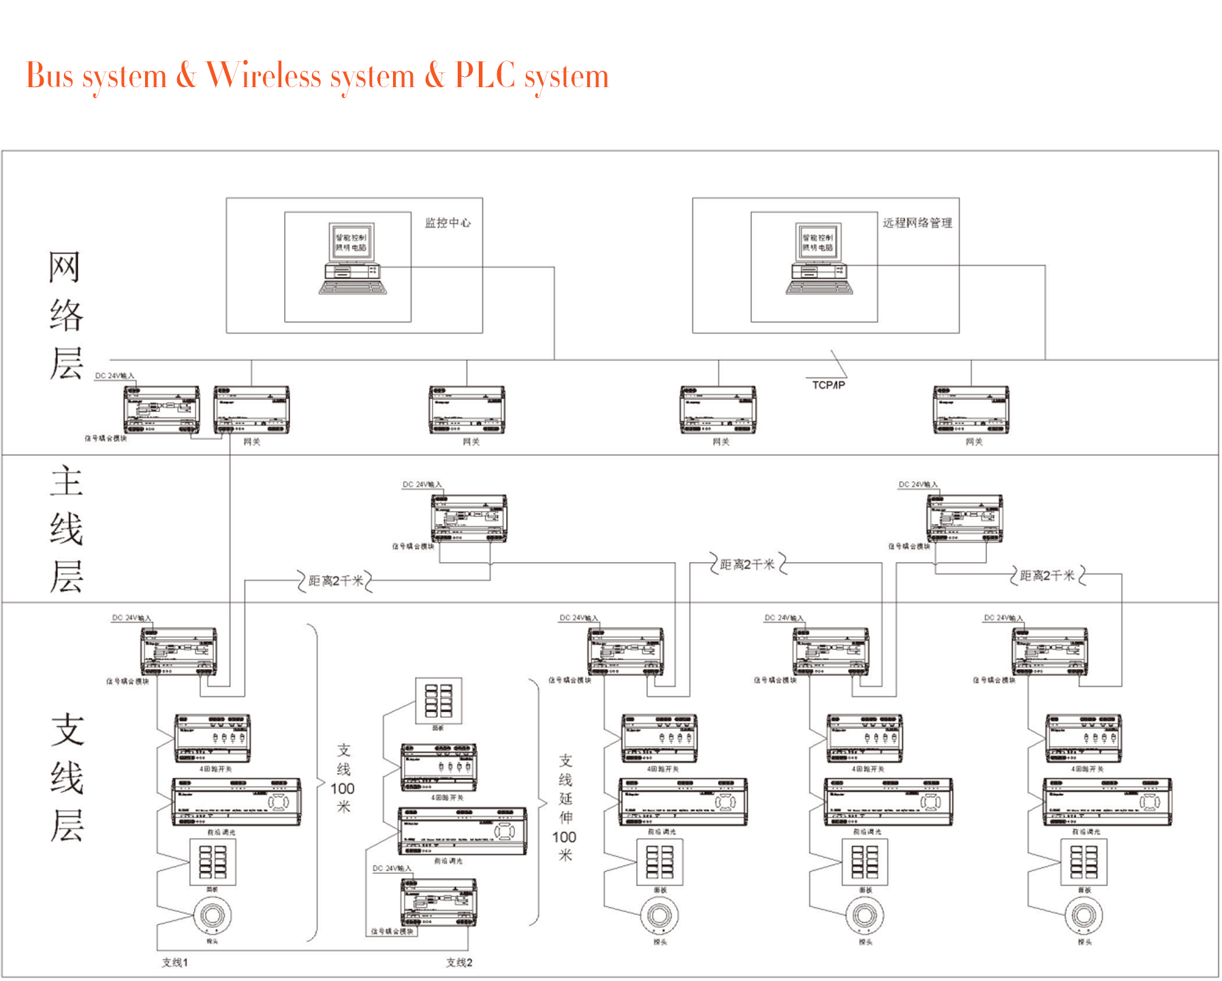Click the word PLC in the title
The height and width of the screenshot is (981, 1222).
point(484,75)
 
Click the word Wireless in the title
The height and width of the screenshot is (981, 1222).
point(264,75)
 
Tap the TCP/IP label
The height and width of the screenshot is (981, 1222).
point(828,385)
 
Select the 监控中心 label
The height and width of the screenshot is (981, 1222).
point(448,223)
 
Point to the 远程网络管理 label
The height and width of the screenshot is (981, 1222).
point(917,223)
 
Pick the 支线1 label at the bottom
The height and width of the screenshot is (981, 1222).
point(174,962)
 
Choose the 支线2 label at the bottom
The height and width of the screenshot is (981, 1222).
point(459,962)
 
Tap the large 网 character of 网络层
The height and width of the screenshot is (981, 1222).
point(65,267)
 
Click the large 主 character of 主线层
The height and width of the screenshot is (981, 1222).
point(66,481)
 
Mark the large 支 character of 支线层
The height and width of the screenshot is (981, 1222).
point(67,730)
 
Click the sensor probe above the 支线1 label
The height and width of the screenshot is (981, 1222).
point(212,915)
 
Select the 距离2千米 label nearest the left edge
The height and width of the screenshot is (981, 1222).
point(336,581)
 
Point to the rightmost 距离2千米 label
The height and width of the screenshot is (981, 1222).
point(1047,576)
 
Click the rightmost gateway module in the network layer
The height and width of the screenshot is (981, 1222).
point(971,409)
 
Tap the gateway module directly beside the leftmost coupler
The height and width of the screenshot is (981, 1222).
point(251,409)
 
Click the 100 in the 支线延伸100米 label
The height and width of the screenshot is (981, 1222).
point(564,837)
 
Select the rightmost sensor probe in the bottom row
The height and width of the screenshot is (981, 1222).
point(1083,915)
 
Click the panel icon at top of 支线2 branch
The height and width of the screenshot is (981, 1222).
point(439,700)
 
